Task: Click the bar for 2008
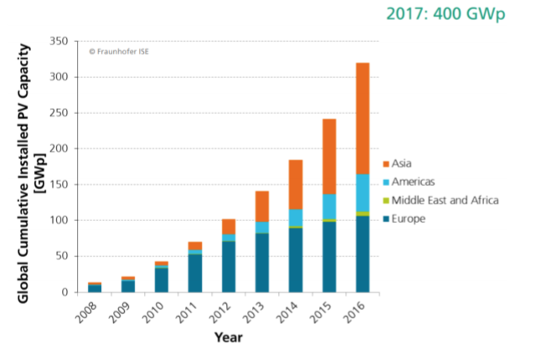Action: [x=95, y=288]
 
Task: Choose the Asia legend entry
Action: [x=402, y=164]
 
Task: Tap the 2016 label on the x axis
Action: [x=355, y=314]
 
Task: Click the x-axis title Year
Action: [x=228, y=338]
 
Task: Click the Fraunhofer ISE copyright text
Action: [x=120, y=51]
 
